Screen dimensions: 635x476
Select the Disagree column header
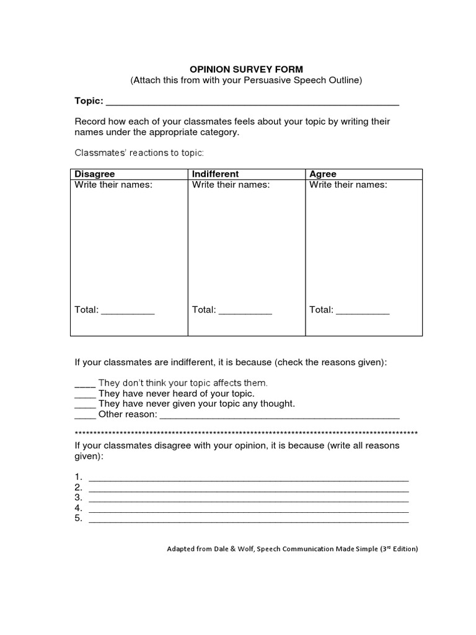click(x=95, y=174)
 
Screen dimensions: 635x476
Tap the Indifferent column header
click(x=215, y=174)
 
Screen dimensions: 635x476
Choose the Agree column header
click(x=322, y=174)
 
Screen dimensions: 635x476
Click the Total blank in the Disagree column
click(x=128, y=313)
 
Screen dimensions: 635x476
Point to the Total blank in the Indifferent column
click(x=245, y=313)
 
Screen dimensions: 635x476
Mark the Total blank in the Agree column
click(x=363, y=313)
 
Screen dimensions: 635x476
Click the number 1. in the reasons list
click(x=79, y=476)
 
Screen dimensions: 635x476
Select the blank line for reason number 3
click(x=249, y=500)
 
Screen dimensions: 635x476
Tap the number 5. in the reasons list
click(x=79, y=518)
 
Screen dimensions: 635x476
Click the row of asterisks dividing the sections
click(x=246, y=432)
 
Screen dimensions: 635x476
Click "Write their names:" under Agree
click(x=348, y=185)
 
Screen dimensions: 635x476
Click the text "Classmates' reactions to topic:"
click(x=139, y=153)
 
